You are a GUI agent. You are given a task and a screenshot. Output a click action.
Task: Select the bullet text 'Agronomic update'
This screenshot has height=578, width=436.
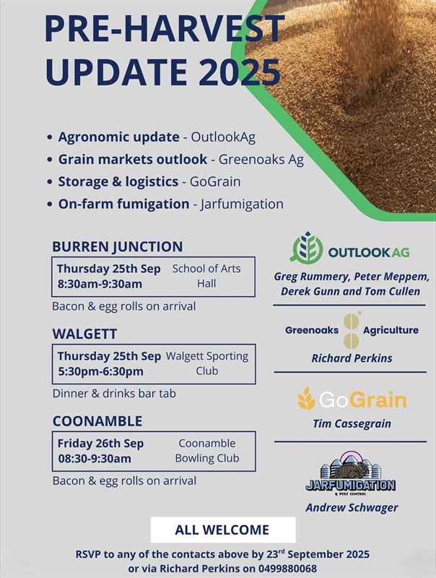[118, 137]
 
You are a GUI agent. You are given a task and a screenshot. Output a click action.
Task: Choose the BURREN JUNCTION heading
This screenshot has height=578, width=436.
[117, 246]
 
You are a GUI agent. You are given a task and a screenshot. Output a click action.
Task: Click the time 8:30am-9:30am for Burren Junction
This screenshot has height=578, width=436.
[100, 284]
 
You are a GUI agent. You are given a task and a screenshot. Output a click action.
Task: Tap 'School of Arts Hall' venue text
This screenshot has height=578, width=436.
[206, 276]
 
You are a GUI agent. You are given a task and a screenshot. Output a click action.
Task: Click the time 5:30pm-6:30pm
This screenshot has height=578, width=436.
[100, 371]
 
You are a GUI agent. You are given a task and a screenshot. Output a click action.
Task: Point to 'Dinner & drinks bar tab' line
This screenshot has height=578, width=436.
[114, 394]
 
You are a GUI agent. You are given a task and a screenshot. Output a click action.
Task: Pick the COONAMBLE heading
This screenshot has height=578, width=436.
[97, 421]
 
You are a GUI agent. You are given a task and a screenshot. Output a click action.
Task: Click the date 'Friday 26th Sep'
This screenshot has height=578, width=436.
[100, 443]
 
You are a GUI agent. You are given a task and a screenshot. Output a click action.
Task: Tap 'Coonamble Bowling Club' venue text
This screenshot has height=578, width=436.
[206, 450]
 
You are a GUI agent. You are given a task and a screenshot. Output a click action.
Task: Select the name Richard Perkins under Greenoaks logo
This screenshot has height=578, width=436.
[352, 358]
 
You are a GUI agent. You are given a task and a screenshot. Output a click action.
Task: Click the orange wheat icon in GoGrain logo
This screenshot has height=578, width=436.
[307, 398]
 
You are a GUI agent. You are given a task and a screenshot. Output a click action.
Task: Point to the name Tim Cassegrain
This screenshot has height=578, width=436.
[352, 423]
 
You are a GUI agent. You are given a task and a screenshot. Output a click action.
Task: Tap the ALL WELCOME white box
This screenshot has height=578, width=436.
[222, 530]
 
